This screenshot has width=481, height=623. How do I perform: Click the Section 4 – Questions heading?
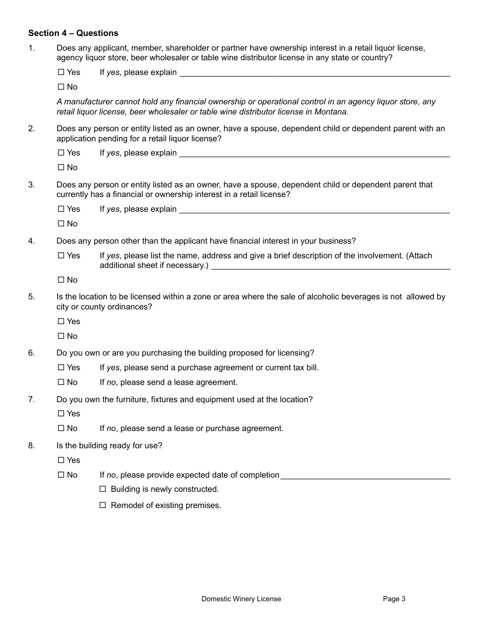point(73,33)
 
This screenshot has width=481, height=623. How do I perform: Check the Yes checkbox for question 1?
point(61,72)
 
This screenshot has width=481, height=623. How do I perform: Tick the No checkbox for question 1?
point(61,87)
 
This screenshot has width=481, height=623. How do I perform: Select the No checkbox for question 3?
point(61,224)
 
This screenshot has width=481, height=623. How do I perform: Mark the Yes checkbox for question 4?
point(61,256)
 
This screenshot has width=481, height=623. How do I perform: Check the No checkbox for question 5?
point(61,336)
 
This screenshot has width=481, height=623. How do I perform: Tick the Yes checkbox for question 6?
point(61,368)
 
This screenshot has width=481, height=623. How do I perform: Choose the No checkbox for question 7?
point(61,429)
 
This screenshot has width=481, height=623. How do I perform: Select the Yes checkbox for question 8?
point(61,460)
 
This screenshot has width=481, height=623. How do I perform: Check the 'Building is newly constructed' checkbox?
point(103,489)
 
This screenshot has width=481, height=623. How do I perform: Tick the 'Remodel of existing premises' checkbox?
point(103,505)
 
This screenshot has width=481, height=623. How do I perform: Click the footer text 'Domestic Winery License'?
point(241,599)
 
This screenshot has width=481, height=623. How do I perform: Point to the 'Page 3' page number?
point(394,599)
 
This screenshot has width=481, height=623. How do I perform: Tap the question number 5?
point(31,297)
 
